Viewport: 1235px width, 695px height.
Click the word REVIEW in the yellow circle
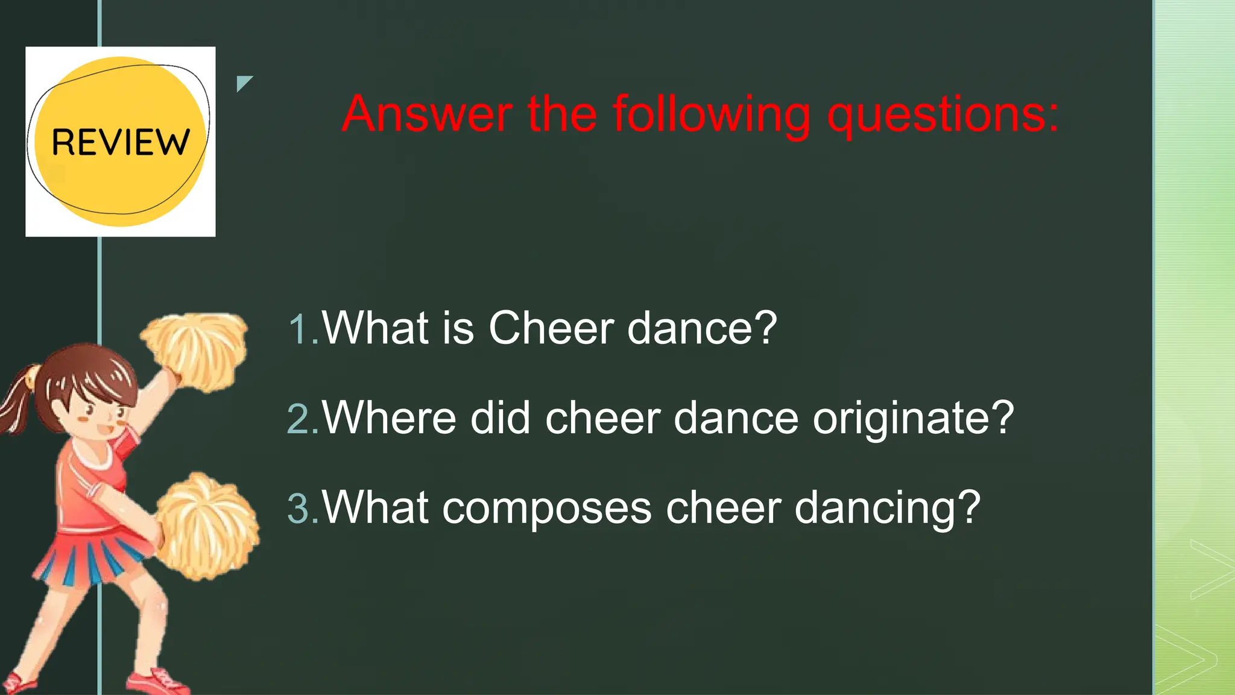click(121, 142)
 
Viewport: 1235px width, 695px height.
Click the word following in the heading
click(712, 115)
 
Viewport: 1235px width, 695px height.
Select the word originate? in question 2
click(913, 419)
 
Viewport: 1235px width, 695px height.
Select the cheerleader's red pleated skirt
click(90, 558)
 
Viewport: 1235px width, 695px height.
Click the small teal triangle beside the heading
click(243, 83)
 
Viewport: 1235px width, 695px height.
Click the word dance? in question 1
click(702, 328)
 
